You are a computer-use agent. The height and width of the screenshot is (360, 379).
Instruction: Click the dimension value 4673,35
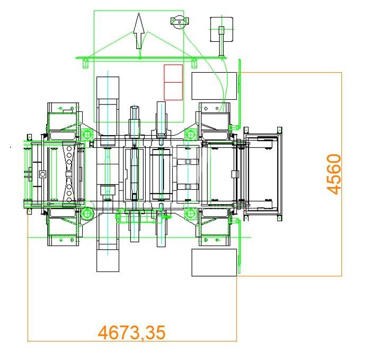tap(132, 333)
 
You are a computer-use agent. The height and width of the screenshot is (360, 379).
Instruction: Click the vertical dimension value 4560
tap(334, 174)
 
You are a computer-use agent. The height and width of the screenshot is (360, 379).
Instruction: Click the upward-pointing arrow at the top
tap(139, 31)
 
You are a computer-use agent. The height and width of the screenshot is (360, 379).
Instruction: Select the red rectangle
tap(173, 82)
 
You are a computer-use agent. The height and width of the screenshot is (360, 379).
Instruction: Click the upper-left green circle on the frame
tap(87, 134)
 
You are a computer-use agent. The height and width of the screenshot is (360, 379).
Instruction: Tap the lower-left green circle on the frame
tap(87, 214)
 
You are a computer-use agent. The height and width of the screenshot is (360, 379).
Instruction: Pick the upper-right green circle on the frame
tap(190, 134)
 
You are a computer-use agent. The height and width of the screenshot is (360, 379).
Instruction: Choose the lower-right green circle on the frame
tap(190, 214)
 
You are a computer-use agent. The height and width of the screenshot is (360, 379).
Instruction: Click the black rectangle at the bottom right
tap(214, 262)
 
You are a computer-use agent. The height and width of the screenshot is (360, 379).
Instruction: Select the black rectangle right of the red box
tap(214, 86)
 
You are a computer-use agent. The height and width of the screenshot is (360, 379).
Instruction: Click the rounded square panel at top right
tap(222, 29)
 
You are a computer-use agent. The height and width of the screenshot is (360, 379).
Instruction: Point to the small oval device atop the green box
tap(180, 21)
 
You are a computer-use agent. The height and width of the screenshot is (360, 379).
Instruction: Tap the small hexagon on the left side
tap(43, 174)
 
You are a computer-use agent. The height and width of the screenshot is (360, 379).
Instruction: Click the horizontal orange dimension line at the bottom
tap(132, 341)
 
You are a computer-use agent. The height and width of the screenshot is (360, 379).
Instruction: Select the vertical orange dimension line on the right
tap(341, 174)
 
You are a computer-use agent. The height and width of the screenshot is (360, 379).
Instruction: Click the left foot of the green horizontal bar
tap(85, 63)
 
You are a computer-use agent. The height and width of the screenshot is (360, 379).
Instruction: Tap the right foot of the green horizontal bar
tap(194, 63)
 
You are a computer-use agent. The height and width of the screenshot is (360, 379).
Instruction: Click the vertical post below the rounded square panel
tap(222, 41)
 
